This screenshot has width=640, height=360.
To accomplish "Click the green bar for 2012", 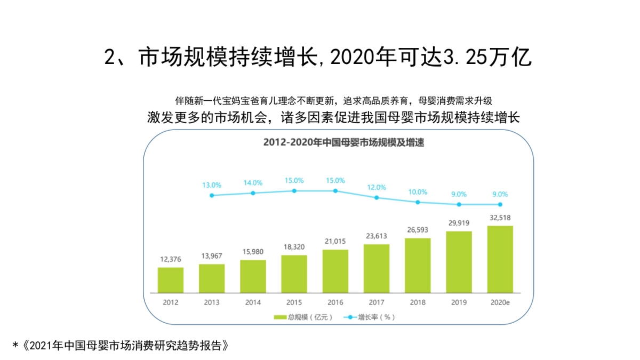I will pyautogui.click(x=171, y=279).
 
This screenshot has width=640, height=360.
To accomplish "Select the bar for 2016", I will pyautogui.click(x=335, y=271).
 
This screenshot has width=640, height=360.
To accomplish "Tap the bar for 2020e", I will pyautogui.click(x=500, y=259).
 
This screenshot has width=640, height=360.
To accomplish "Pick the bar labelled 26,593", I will pyautogui.click(x=418, y=265).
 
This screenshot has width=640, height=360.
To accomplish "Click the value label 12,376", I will pyautogui.click(x=171, y=259).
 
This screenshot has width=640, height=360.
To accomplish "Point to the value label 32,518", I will pyautogui.click(x=500, y=218).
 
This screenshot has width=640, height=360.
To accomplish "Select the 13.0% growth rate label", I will pyautogui.click(x=212, y=185).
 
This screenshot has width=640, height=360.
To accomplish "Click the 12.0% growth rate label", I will pyautogui.click(x=377, y=187).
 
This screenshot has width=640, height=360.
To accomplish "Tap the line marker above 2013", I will pyautogui.click(x=212, y=195).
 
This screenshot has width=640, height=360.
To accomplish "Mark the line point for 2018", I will pyautogui.click(x=418, y=202).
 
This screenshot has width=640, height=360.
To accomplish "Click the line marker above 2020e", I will pyautogui.click(x=500, y=204).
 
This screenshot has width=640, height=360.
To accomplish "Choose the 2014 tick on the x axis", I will pyautogui.click(x=253, y=302).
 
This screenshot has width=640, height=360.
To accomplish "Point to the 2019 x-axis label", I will pyautogui.click(x=459, y=302).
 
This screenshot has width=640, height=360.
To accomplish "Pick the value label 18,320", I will pyautogui.click(x=294, y=247).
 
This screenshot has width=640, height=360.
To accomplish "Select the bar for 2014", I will pyautogui.click(x=253, y=276).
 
